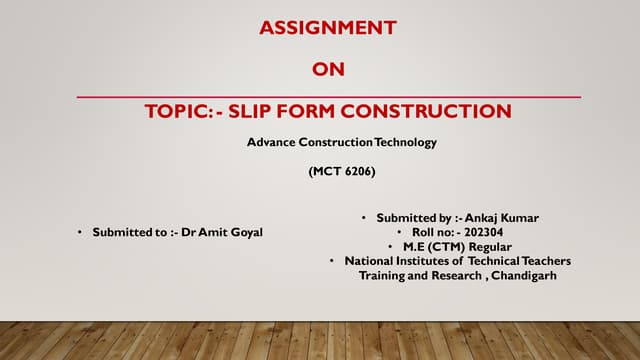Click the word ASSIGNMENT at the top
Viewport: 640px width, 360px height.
(x=328, y=27)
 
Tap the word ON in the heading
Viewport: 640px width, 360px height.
(x=328, y=69)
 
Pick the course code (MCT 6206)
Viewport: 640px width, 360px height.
(x=342, y=172)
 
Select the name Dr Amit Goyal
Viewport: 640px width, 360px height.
(x=226, y=232)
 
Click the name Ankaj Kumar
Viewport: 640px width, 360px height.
(x=510, y=217)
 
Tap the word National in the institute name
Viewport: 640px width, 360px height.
(x=370, y=261)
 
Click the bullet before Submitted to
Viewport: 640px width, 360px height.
(x=79, y=232)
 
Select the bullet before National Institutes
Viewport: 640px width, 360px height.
(x=331, y=261)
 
